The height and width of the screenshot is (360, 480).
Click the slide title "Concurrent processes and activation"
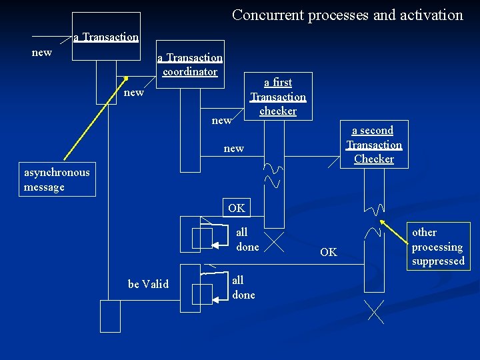347,15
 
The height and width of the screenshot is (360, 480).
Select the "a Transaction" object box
106,37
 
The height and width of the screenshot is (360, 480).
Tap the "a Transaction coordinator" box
190,65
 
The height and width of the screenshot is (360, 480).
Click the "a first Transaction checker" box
278,96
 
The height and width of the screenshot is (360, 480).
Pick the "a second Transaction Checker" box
374,144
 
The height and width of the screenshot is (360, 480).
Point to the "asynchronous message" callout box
57,180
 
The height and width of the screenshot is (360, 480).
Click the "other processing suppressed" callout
438,246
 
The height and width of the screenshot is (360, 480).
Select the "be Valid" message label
148,284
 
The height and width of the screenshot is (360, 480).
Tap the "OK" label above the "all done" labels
236,208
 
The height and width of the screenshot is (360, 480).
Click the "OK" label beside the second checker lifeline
329,252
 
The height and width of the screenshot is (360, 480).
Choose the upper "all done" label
247,239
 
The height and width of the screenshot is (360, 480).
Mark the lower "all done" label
243,287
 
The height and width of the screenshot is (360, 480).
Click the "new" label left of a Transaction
42,52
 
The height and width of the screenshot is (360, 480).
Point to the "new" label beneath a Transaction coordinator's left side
134,92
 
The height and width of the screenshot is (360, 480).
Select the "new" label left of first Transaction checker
221,120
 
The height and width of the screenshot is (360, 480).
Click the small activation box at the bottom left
110,315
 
